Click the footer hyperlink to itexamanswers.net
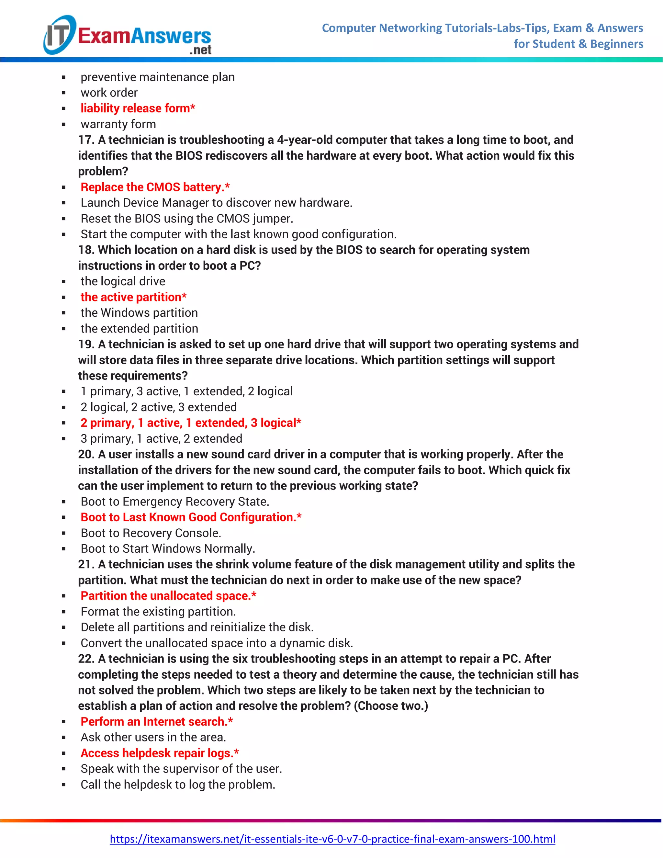tap(332, 839)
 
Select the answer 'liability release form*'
tap(138, 108)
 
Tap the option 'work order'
tap(109, 93)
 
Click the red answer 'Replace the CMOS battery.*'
tap(155, 187)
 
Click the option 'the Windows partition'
tap(139, 313)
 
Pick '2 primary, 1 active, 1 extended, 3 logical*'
tap(191, 423)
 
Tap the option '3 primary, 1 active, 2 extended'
tap(161, 438)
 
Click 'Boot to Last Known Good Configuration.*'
tap(191, 517)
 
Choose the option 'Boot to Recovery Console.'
tap(151, 533)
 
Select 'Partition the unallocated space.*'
tap(168, 596)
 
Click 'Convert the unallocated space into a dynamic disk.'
tap(217, 643)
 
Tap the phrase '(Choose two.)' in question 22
tap(391, 706)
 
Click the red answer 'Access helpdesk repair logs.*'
tap(160, 753)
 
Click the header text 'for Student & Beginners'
tap(578, 44)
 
